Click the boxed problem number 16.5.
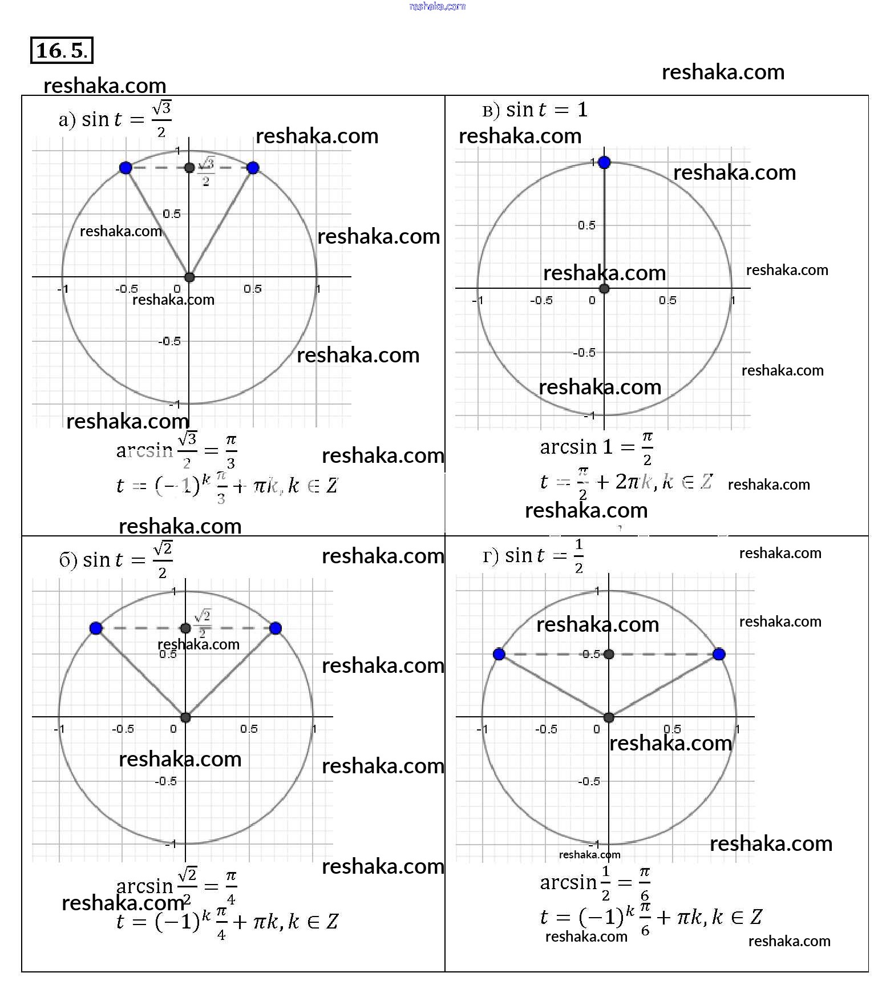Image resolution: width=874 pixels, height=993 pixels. (61, 50)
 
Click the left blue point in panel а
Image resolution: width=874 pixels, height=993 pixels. (126, 167)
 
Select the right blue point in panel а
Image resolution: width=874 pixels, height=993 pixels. (253, 167)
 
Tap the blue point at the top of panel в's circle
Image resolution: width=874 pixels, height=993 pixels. (605, 163)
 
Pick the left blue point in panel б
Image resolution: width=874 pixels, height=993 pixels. (96, 628)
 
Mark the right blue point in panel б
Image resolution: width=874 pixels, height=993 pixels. (276, 628)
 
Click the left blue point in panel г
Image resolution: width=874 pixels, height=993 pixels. (499, 654)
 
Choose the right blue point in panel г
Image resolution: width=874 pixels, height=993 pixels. (719, 654)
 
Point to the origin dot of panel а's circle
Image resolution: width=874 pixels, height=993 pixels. (189, 277)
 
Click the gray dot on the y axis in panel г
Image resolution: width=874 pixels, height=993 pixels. (609, 654)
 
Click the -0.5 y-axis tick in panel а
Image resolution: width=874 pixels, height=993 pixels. (169, 341)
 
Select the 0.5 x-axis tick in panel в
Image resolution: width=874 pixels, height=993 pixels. (667, 300)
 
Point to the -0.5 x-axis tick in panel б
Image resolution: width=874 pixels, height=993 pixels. (123, 729)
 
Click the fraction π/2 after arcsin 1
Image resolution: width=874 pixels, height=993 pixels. (647, 448)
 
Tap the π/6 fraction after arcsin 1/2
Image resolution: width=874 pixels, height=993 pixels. (645, 883)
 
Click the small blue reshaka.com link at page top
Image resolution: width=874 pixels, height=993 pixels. (437, 6)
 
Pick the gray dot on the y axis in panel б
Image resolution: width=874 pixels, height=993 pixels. (185, 628)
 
